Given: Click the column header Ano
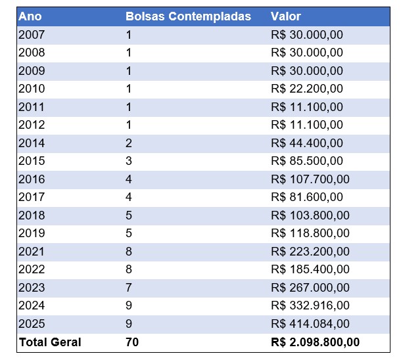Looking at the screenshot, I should click(30, 16).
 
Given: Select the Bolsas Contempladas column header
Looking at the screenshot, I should click(188, 16).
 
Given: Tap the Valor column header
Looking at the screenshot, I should click(285, 16).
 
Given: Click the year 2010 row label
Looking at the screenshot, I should click(32, 89).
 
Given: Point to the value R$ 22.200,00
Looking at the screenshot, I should click(306, 89).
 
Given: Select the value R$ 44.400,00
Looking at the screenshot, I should click(306, 143).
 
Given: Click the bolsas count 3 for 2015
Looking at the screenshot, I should click(129, 161).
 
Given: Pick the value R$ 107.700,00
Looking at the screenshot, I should click(310, 179).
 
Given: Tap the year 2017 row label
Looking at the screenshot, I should click(32, 197).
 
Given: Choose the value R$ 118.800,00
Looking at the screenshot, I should click(310, 233).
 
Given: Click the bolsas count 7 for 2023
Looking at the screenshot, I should click(129, 287).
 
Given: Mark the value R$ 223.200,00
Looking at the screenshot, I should click(310, 251).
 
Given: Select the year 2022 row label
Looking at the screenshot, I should click(32, 269).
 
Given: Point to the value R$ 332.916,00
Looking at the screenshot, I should click(310, 305).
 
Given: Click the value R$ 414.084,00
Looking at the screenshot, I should click(310, 323).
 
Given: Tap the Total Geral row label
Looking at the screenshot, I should click(50, 342).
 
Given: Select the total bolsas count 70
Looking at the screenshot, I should click(132, 342).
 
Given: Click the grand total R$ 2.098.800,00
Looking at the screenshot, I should click(315, 342).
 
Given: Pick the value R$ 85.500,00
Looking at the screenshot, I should click(306, 161).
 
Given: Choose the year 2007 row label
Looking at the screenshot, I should click(32, 34).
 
